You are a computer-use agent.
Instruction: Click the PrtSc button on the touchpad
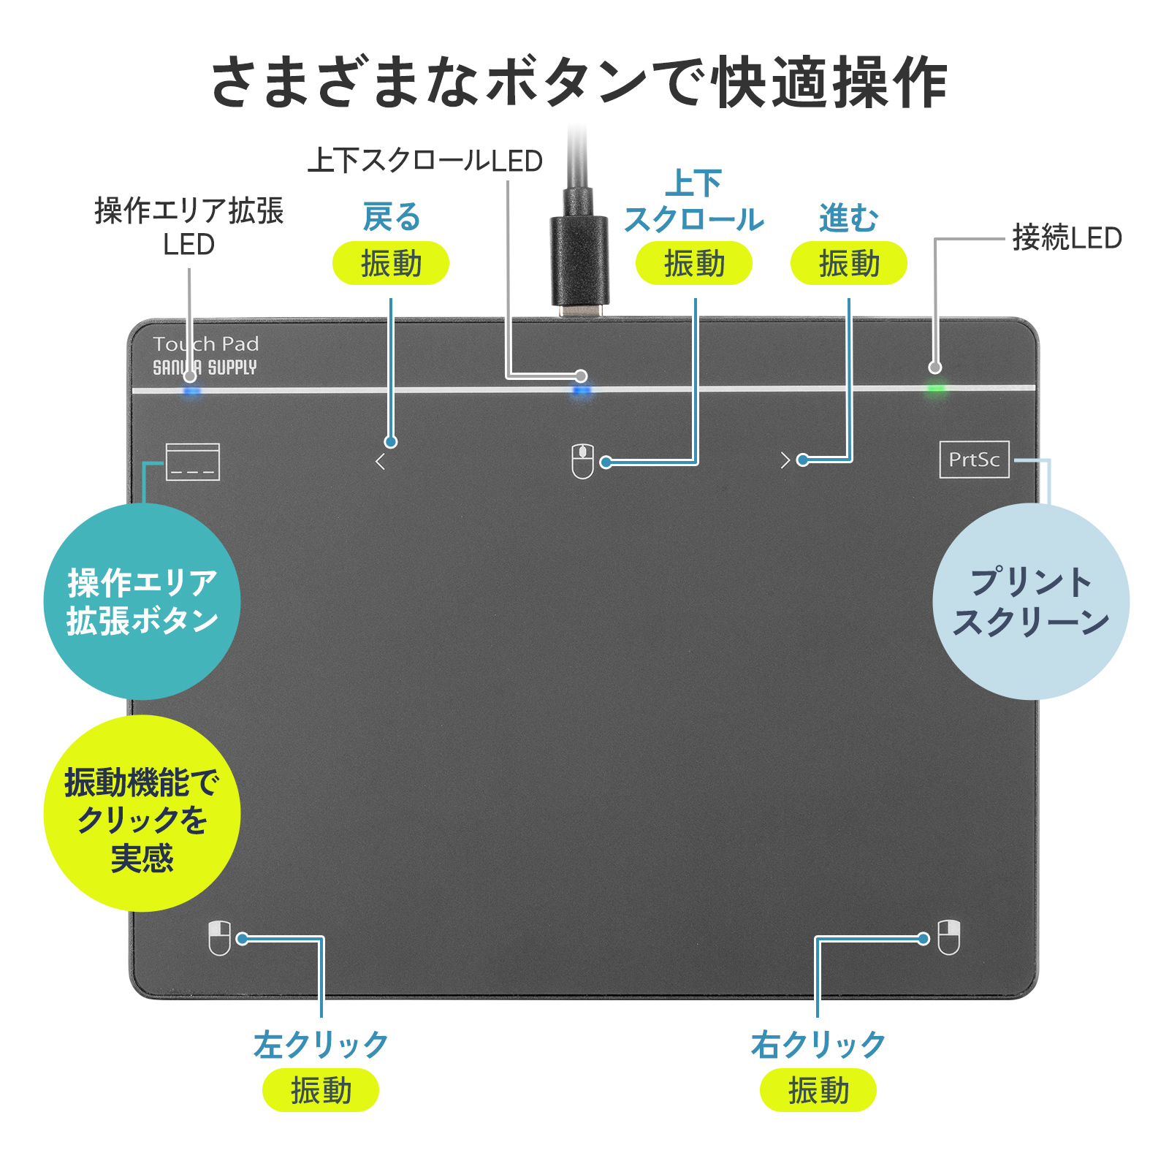click(x=974, y=460)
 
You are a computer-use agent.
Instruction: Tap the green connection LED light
click(x=935, y=389)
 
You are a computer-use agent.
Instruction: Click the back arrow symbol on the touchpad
click(x=380, y=462)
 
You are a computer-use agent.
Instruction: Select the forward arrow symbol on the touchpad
click(x=785, y=460)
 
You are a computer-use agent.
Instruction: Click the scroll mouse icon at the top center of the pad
click(x=582, y=462)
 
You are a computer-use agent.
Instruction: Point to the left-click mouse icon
click(x=219, y=938)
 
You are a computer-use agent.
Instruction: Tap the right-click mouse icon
click(x=948, y=937)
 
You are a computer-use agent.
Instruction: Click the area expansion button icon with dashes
click(x=193, y=462)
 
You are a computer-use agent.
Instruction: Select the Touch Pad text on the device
click(x=206, y=344)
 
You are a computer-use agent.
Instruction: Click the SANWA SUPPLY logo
click(x=205, y=368)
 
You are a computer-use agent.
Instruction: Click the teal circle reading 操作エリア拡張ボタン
click(x=142, y=601)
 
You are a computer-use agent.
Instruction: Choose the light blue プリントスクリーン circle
click(x=1031, y=601)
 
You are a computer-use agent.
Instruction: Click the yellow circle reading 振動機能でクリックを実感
click(x=142, y=813)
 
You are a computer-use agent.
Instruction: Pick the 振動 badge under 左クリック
click(x=321, y=1090)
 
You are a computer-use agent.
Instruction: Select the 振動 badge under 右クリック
click(x=818, y=1090)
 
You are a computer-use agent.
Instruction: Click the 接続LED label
click(x=1067, y=238)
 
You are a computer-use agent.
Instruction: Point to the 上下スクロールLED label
click(x=425, y=161)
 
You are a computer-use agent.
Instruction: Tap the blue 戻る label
click(x=392, y=217)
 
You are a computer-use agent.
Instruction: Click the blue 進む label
click(x=849, y=218)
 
